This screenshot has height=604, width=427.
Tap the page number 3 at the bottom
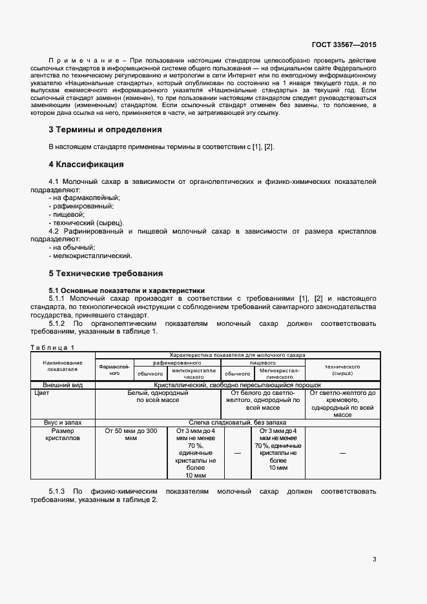374,559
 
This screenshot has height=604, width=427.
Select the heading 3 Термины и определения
105,129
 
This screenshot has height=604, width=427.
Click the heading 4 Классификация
87,164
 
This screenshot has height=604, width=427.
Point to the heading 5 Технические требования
106,273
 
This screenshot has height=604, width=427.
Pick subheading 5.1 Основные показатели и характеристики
127,290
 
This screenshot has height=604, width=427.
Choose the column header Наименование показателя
63,366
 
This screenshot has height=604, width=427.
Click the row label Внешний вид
63,385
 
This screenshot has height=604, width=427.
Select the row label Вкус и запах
63,421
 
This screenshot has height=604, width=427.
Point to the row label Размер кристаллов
63,434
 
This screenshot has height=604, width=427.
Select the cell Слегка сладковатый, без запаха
236,421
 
